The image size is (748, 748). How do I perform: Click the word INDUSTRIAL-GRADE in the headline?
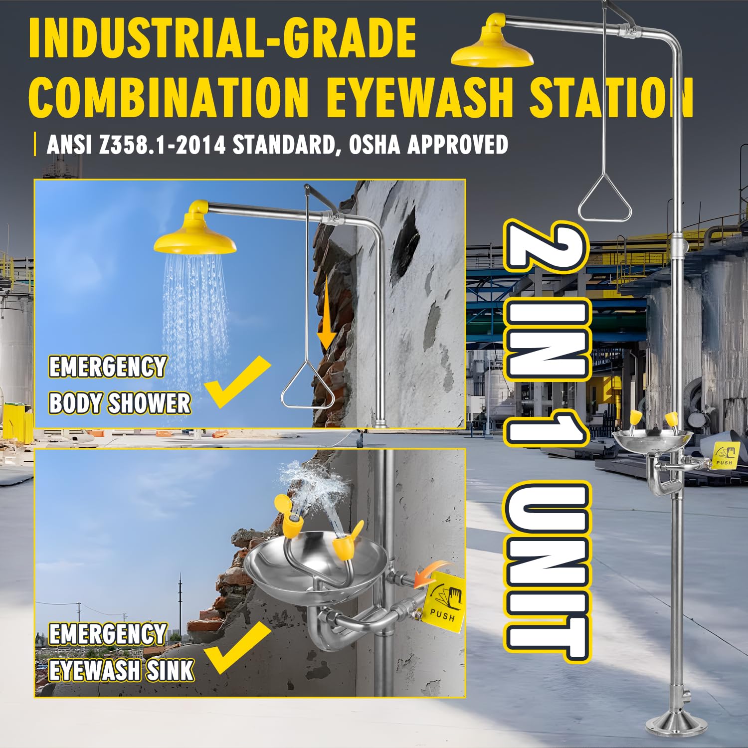click(x=223, y=38)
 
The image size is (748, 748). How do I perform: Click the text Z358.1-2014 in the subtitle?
click(x=163, y=145)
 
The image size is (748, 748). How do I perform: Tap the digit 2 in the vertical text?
click(x=547, y=248)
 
